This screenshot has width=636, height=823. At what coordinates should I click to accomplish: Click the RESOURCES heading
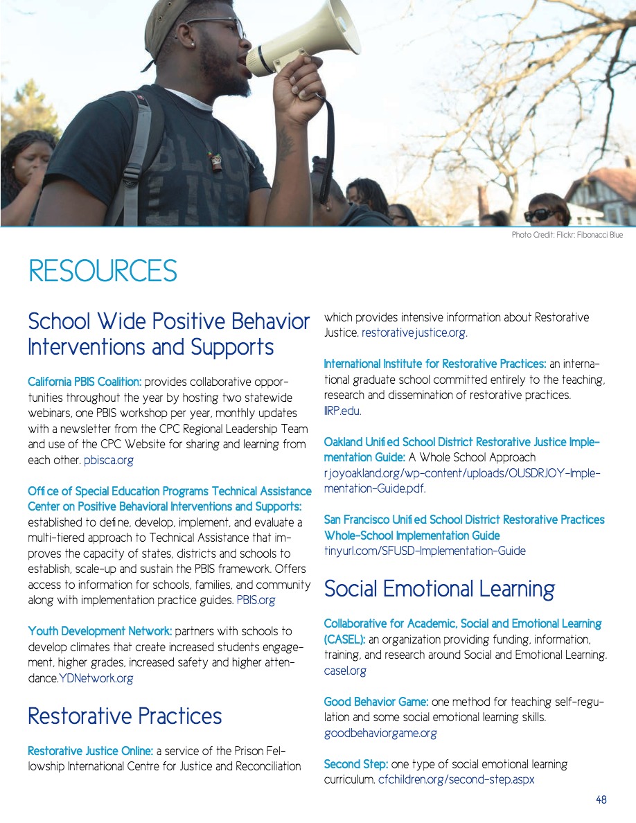click(103, 271)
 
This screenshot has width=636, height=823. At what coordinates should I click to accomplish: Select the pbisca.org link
click(109, 459)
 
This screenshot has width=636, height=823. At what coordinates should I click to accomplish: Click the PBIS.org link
click(256, 600)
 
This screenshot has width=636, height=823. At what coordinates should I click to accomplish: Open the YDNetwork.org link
click(96, 678)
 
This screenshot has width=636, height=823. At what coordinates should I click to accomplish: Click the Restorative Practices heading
click(125, 716)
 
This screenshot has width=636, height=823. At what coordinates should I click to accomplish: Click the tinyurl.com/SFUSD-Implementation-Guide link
click(425, 551)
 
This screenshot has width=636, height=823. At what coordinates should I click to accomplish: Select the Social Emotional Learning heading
click(439, 589)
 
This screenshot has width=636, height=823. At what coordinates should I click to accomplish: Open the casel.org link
click(345, 671)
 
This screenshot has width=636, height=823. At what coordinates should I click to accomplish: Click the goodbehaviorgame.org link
click(380, 733)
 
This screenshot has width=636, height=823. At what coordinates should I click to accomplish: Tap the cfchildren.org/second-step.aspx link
click(456, 779)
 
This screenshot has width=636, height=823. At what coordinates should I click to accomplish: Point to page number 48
click(601, 799)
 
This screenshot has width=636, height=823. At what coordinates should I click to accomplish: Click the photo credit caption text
click(567, 235)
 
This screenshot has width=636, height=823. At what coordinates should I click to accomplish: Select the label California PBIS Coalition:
click(85, 382)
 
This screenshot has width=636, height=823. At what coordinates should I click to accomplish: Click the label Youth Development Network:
click(100, 631)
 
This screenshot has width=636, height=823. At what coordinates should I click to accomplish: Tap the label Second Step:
click(356, 764)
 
